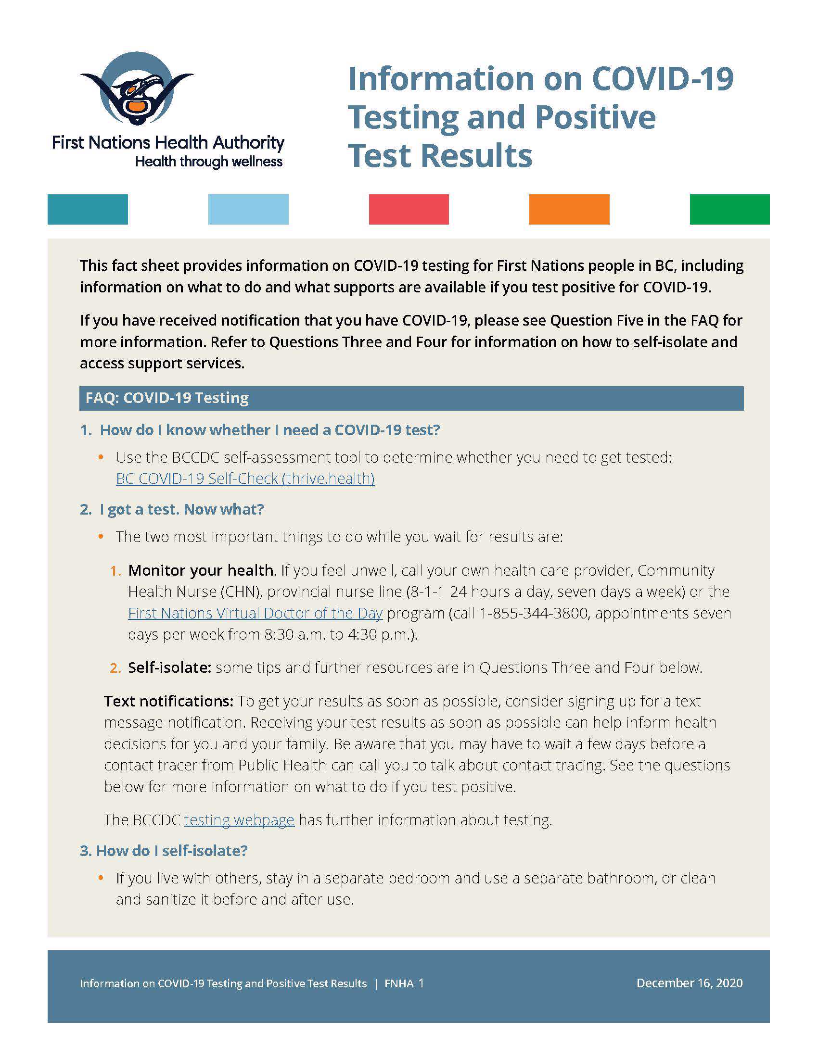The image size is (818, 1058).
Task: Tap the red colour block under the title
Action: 409,209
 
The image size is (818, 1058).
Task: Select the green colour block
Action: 729,209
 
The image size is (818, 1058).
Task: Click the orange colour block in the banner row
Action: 569,209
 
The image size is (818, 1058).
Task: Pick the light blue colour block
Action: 248,209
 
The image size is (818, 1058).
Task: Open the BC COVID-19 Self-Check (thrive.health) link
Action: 245,479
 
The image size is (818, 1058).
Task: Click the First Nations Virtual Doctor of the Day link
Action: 256,613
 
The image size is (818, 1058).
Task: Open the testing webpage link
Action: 239,819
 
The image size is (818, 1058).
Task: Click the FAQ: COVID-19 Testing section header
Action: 167,398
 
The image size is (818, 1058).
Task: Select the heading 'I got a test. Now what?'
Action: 182,509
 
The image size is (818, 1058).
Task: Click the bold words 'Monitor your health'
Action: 201,570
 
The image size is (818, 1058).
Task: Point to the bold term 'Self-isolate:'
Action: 169,668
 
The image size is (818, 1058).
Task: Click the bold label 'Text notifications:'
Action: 168,701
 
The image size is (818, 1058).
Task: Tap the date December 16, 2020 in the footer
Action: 689,983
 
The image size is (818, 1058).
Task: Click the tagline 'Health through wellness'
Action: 209,161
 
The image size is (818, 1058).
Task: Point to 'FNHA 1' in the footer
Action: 404,983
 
